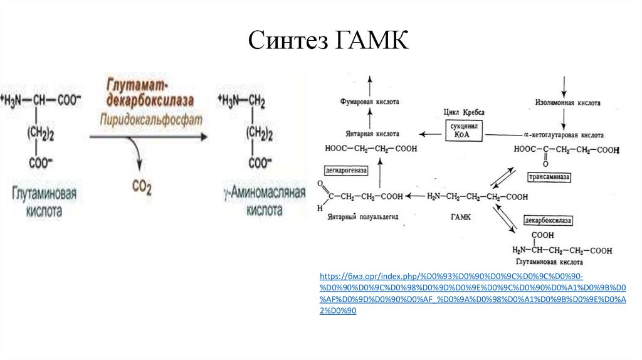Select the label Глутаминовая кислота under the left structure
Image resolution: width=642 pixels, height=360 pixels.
pyautogui.click(x=44, y=202)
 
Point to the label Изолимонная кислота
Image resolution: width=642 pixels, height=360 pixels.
pyautogui.click(x=567, y=102)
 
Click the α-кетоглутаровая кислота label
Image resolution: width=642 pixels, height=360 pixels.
pyautogui.click(x=564, y=135)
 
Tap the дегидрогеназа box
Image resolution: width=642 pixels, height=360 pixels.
pyautogui.click(x=345, y=170)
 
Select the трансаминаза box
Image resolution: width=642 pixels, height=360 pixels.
pyautogui.click(x=550, y=177)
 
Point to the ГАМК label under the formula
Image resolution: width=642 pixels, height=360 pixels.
pyautogui.click(x=460, y=217)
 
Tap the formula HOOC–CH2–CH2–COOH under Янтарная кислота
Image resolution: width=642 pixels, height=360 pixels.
pyautogui.click(x=371, y=149)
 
